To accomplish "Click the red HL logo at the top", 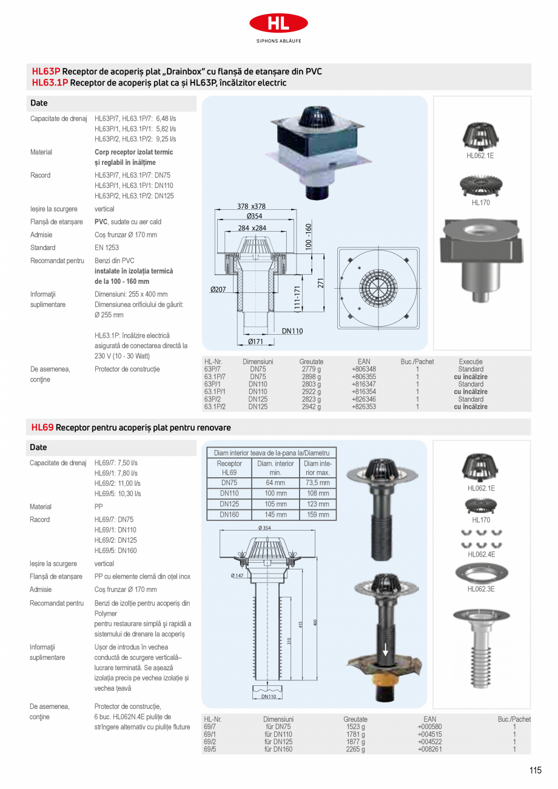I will coord(278,24).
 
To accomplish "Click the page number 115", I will coord(535,770).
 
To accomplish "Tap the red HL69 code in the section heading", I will coord(42,428).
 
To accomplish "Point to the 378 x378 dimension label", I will coord(251,206).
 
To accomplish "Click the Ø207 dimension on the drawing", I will coord(218,290).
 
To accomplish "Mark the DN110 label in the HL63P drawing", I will coord(292,331).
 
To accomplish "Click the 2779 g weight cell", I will coord(311,369).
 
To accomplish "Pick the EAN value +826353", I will coord(363,407).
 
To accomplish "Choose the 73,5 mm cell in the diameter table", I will coord(317,483).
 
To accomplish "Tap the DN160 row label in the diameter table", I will coord(229,514).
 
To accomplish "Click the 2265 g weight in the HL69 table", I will coord(355,749).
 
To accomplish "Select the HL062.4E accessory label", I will coord(481,554).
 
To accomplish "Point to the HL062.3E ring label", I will coord(481,589).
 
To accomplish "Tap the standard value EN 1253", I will coord(107,247).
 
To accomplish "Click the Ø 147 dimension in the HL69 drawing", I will coord(237,575).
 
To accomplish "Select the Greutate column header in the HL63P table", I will coord(311,361).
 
